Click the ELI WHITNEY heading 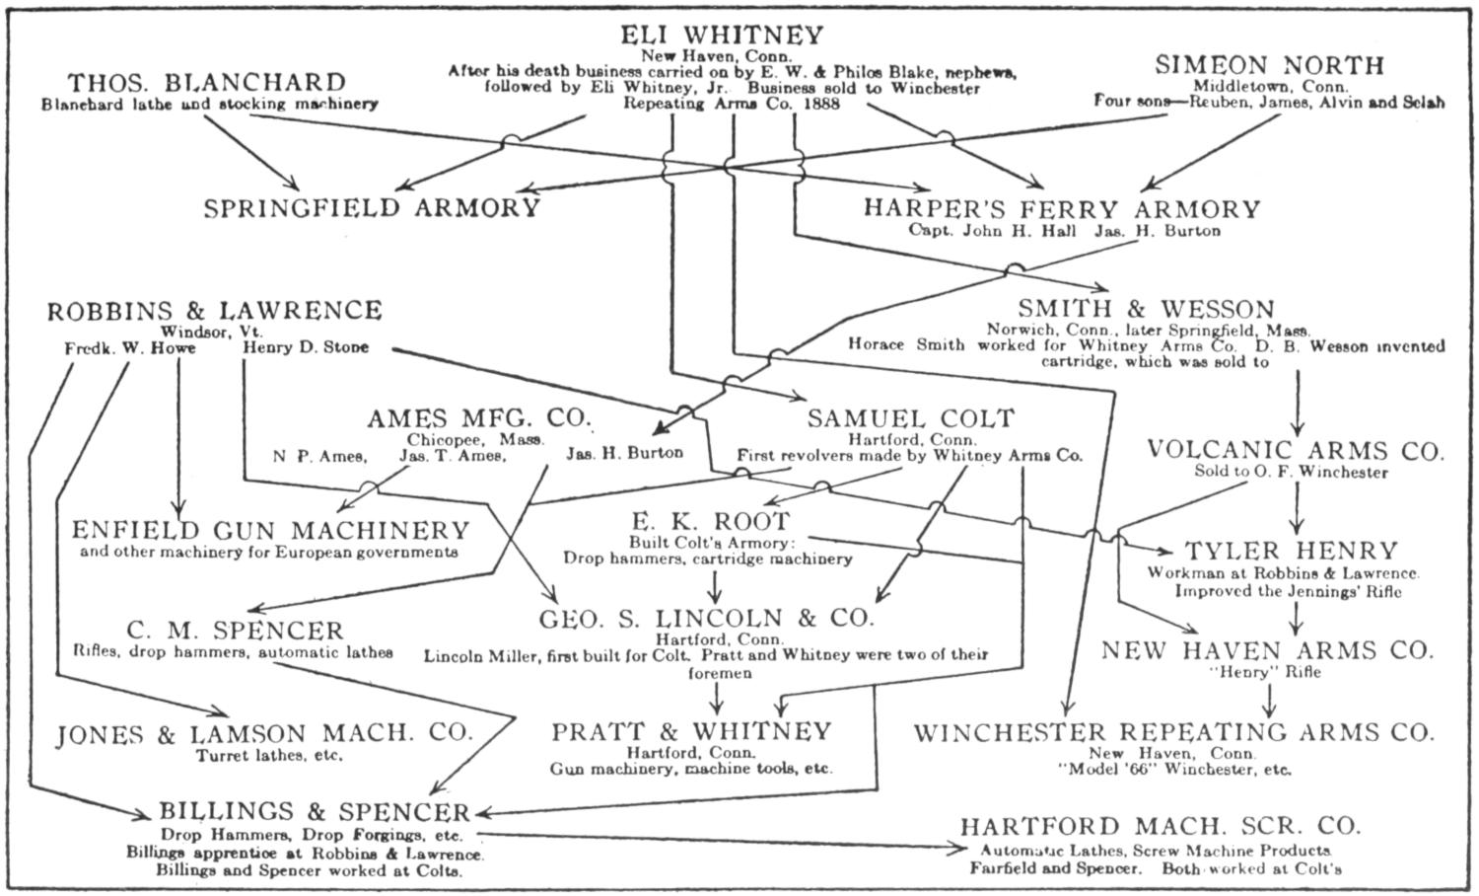click(722, 36)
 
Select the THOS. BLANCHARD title click(207, 82)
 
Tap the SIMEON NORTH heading click(1269, 65)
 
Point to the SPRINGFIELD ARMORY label click(373, 208)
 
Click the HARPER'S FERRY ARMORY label click(1062, 209)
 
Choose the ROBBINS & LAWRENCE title click(215, 311)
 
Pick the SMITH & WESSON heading click(1146, 309)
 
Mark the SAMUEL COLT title click(910, 418)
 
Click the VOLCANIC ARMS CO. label click(1296, 451)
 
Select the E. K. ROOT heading click(711, 521)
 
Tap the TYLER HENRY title click(1291, 551)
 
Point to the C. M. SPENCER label click(235, 631)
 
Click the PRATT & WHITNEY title click(691, 731)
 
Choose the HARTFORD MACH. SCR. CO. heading click(1161, 826)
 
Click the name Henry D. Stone click(305, 347)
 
